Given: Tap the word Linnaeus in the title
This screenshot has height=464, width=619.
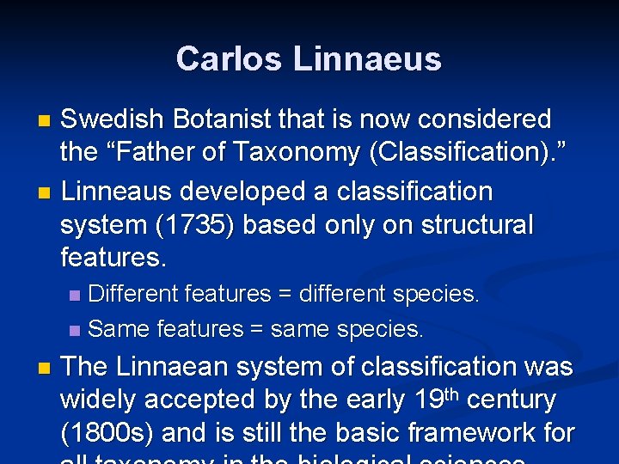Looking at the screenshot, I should [x=367, y=59].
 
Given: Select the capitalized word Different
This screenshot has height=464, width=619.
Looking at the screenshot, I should [x=136, y=294].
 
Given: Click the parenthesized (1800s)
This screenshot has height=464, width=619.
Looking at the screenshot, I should [x=110, y=433].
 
